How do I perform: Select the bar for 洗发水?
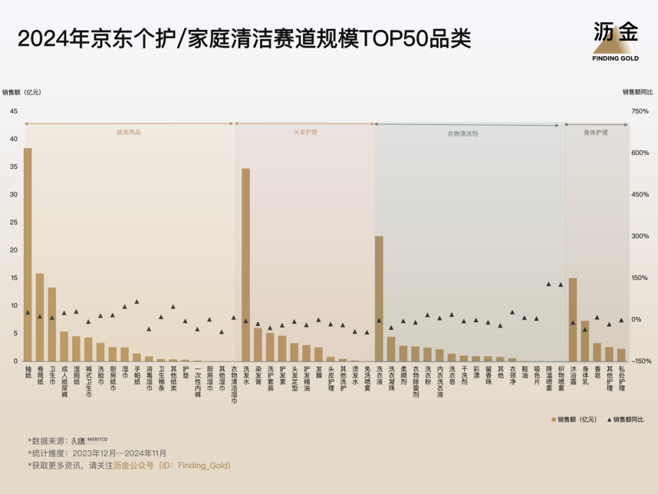click(246, 265)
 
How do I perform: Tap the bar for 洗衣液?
click(379, 298)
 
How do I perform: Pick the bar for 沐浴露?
click(573, 320)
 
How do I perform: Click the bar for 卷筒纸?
click(40, 317)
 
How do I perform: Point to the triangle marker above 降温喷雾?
click(548, 284)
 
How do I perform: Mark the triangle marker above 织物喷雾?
click(561, 284)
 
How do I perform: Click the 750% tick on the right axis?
click(640, 111)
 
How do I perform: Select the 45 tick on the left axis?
click(13, 111)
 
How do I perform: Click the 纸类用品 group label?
click(129, 132)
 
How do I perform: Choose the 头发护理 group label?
click(305, 132)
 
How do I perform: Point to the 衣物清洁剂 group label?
click(467, 133)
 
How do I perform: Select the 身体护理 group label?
click(596, 132)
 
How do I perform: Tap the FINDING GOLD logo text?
click(615, 59)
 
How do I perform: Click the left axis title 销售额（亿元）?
click(21, 93)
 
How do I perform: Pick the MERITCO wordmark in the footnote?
click(97, 439)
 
